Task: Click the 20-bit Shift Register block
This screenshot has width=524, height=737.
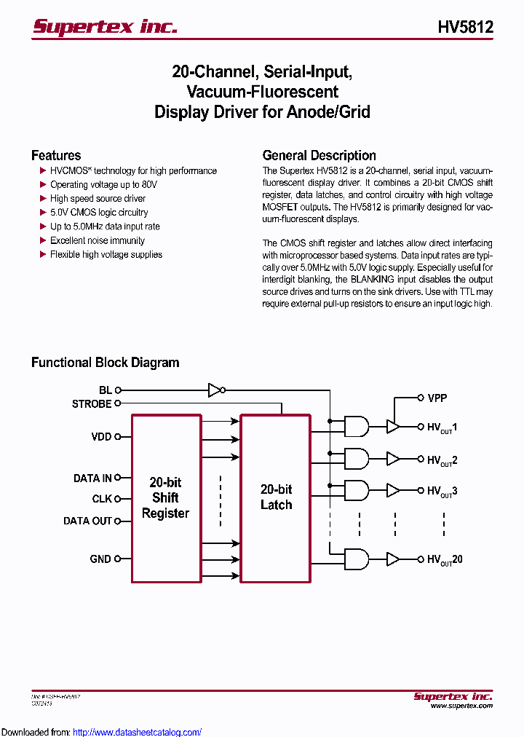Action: (166, 498)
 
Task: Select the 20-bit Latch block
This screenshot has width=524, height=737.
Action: (276, 498)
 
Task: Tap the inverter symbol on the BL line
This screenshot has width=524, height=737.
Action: (215, 390)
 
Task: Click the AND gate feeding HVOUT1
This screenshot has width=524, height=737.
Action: (355, 426)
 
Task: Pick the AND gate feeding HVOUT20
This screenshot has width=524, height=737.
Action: (355, 559)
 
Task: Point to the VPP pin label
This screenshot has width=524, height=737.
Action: (437, 398)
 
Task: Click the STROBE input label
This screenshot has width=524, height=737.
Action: (92, 403)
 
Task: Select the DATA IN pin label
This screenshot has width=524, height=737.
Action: (92, 478)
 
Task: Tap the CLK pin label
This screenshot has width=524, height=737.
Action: (102, 499)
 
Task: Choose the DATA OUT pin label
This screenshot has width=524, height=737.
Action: (88, 521)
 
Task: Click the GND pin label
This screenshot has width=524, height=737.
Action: (100, 559)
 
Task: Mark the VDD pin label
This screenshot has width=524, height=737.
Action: (101, 437)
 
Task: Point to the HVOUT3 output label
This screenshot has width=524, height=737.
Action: (442, 492)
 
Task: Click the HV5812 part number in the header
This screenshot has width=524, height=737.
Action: (466, 27)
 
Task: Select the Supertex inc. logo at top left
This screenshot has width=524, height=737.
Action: (105, 27)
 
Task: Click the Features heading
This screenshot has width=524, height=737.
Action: (56, 155)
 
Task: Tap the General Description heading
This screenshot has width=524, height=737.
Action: (319, 155)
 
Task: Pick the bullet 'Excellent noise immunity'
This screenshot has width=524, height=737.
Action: (97, 240)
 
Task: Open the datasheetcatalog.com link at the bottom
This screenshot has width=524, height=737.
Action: (137, 732)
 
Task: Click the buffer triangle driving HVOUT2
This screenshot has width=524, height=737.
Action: (393, 459)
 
